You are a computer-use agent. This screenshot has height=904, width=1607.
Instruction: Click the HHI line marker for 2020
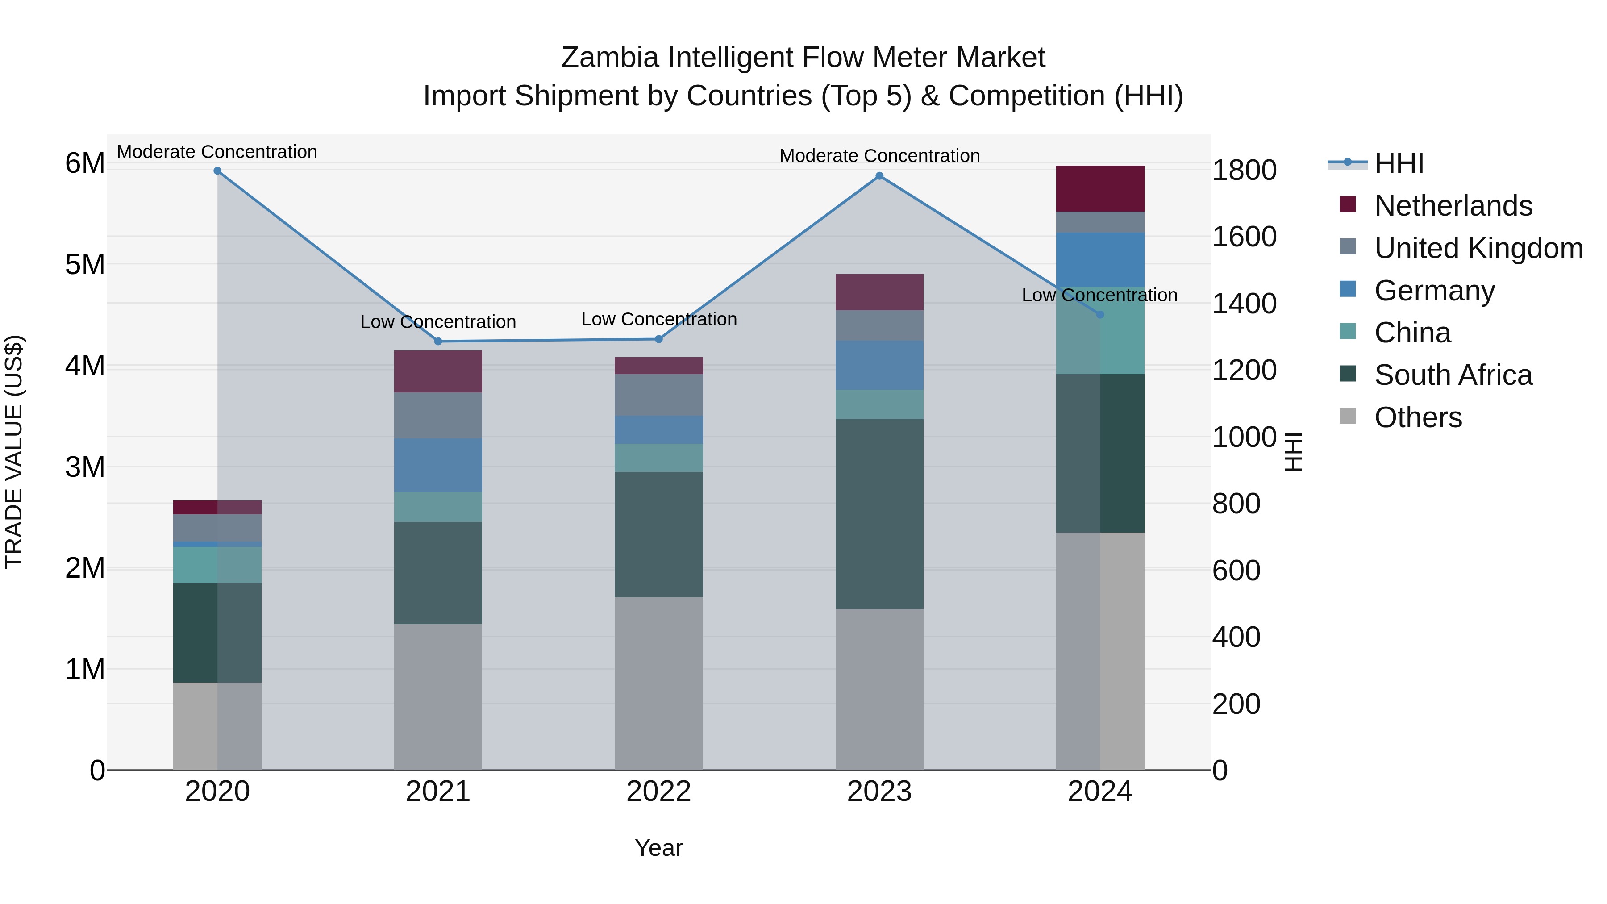pyautogui.click(x=217, y=171)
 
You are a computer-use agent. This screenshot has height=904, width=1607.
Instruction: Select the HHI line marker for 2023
pyautogui.click(x=879, y=176)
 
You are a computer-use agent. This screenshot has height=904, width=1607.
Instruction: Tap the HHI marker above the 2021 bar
pyautogui.click(x=438, y=341)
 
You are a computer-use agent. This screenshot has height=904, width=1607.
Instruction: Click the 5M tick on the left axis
pyautogui.click(x=85, y=265)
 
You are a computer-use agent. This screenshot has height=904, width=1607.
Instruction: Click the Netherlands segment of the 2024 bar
pyautogui.click(x=1100, y=188)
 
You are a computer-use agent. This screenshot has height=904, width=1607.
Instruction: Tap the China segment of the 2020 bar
pyautogui.click(x=217, y=565)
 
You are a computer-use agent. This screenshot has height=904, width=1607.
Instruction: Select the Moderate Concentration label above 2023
pyautogui.click(x=879, y=156)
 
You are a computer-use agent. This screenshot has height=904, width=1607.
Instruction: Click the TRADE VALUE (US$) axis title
pyautogui.click(x=14, y=452)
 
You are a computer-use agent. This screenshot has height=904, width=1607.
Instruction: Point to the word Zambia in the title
pyautogui.click(x=609, y=58)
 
